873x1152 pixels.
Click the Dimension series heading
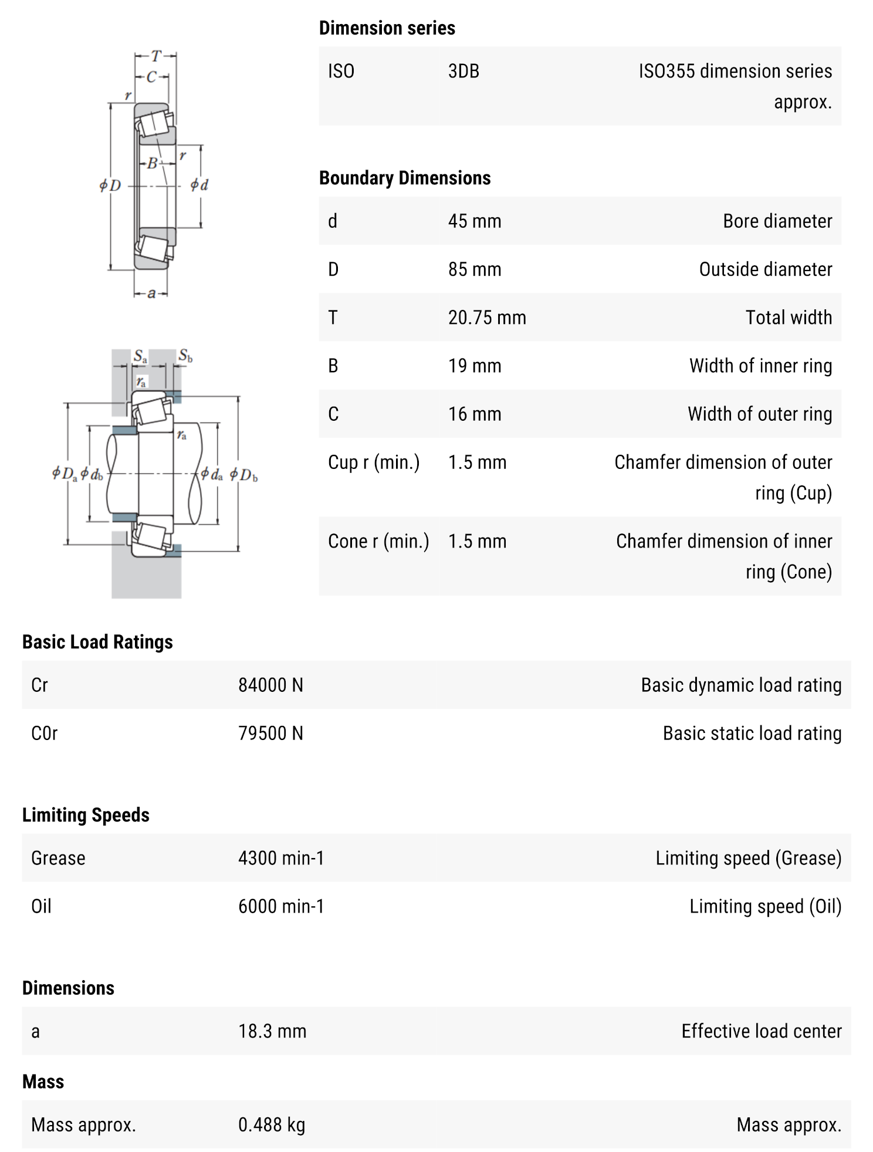[387, 28]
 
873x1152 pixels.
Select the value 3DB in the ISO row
[463, 72]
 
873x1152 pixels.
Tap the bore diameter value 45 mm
[474, 221]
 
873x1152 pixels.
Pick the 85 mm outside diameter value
[474, 269]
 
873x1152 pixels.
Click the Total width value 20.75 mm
[486, 317]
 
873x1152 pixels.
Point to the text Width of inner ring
[760, 366]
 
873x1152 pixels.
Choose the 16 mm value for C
[474, 414]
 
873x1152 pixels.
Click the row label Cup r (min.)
[374, 462]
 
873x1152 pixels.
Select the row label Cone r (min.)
[378, 541]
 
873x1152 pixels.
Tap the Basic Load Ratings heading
[97, 642]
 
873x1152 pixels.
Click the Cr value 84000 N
[270, 685]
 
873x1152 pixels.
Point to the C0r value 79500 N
[270, 734]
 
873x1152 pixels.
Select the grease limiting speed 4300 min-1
[280, 858]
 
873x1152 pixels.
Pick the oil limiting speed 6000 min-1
[280, 906]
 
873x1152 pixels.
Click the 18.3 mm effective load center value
[272, 1031]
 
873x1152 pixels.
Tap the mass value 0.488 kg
[271, 1125]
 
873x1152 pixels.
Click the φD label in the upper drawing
[110, 185]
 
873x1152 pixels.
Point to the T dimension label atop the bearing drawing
[155, 56]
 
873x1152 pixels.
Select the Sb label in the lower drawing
[185, 356]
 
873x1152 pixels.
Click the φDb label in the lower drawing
[243, 474]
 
